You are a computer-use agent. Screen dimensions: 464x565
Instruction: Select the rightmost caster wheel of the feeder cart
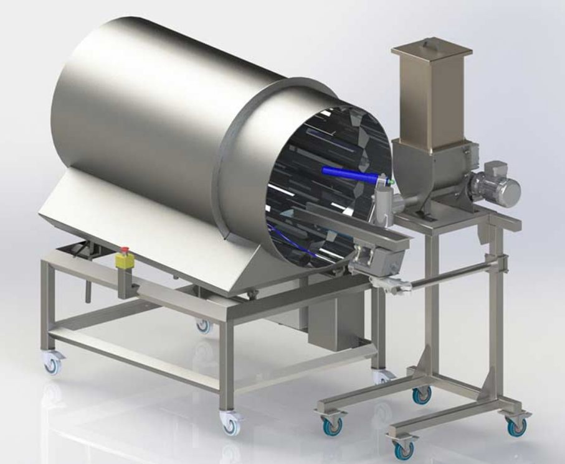(516, 427)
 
